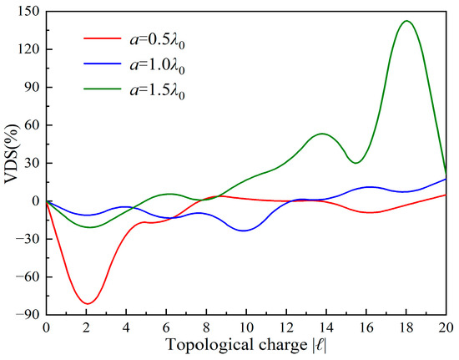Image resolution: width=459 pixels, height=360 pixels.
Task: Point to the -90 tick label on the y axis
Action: tap(27, 314)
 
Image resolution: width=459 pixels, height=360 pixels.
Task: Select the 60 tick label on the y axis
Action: tap(30, 125)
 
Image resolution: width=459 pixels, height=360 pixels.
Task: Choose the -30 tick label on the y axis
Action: tap(27, 239)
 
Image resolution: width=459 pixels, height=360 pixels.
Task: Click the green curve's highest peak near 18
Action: tap(406, 21)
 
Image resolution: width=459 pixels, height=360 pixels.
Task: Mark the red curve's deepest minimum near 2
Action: tap(87, 303)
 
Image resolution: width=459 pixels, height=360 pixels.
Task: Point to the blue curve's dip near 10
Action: tap(245, 231)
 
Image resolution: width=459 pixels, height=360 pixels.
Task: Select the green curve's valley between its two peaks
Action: tap(356, 163)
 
